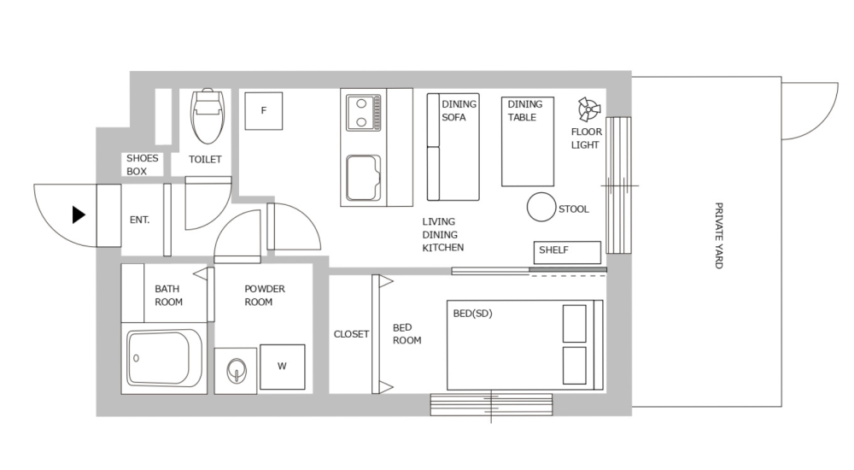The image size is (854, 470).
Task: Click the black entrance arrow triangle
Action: pyautogui.click(x=79, y=215)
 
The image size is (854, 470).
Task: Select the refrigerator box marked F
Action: pyautogui.click(x=264, y=111)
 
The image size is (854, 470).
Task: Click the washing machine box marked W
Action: pyautogui.click(x=282, y=367)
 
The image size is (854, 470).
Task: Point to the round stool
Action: pyautogui.click(x=541, y=208)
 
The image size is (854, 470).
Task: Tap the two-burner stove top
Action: pyautogui.click(x=364, y=113)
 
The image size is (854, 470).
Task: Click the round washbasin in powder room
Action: pyautogui.click(x=236, y=371)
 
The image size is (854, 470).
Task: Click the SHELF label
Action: pyautogui.click(x=553, y=251)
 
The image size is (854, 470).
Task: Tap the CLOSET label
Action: pyautogui.click(x=351, y=334)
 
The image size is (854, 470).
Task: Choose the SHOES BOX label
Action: pyautogui.click(x=142, y=165)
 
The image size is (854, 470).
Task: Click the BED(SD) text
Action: pyautogui.click(x=472, y=314)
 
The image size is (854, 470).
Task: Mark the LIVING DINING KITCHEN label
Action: pyautogui.click(x=442, y=235)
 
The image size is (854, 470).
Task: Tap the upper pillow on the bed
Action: pyautogui.click(x=575, y=322)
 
